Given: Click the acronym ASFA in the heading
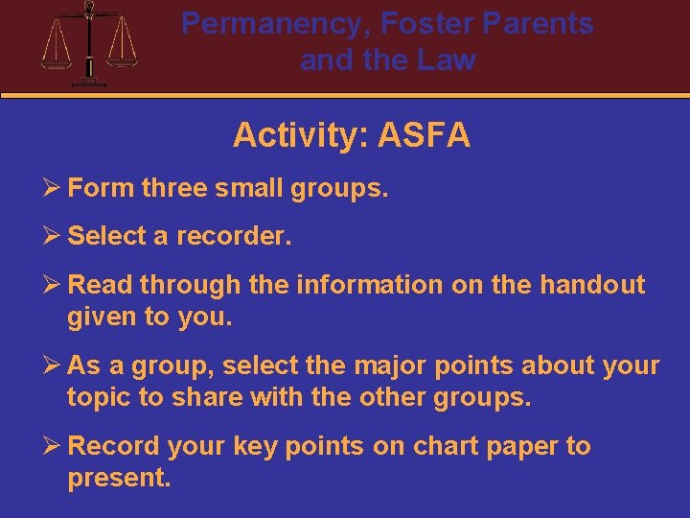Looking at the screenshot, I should [x=425, y=135].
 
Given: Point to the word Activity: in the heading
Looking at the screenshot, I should [x=301, y=135].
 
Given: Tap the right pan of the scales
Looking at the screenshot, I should [x=123, y=59].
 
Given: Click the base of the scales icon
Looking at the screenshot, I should [x=89, y=82].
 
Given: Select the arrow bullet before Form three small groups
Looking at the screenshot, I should [x=52, y=188].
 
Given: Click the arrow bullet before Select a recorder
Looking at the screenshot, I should [x=52, y=236].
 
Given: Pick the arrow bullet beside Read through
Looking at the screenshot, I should [x=52, y=285].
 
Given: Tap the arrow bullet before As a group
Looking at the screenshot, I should [x=52, y=365].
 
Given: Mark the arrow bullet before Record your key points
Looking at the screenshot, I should [x=52, y=446].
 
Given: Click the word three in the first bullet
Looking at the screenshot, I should [x=173, y=188].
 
